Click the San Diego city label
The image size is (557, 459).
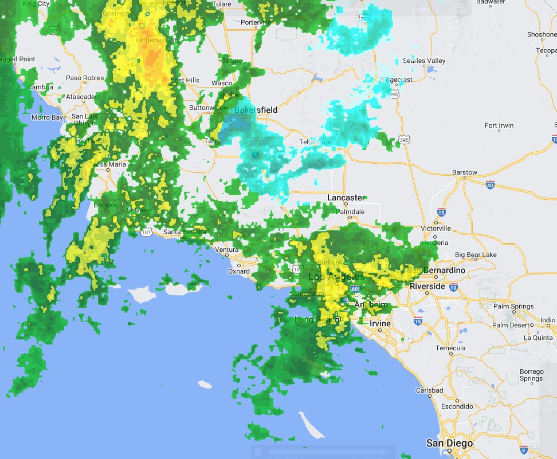pyautogui.click(x=449, y=443)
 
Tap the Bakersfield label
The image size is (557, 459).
pyautogui.click(x=256, y=110)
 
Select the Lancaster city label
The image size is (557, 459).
pyautogui.click(x=346, y=197)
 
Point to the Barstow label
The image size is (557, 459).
pyautogui.click(x=465, y=172)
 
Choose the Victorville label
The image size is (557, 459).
pyautogui.click(x=436, y=228)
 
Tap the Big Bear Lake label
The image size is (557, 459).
pyautogui.click(x=476, y=254)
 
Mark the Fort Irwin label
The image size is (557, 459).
pyautogui.click(x=499, y=125)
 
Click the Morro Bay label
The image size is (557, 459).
pyautogui.click(x=48, y=117)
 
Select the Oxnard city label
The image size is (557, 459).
pyautogui.click(x=239, y=271)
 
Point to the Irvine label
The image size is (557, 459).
pyautogui.click(x=380, y=323)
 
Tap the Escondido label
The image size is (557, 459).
pyautogui.click(x=457, y=406)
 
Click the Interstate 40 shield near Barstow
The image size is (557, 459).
pyautogui.click(x=489, y=185)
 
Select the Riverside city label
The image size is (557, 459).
pyautogui.click(x=427, y=286)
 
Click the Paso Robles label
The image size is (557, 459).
pyautogui.click(x=85, y=78)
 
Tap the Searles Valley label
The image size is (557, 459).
pyautogui.click(x=424, y=61)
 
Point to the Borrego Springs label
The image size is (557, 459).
pyautogui.click(x=531, y=375)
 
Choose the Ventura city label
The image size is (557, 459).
pyautogui.click(x=226, y=250)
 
